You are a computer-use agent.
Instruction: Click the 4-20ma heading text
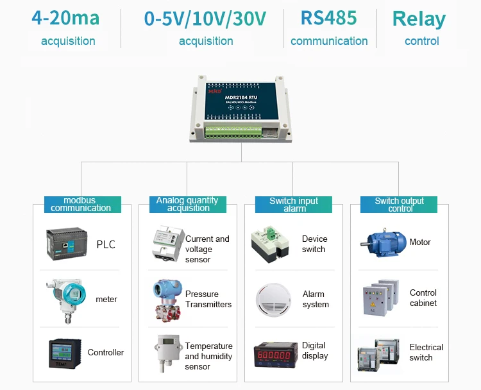coord(65,18)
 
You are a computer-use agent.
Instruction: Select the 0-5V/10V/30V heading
coord(205,19)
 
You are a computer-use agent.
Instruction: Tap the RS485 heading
coord(328,18)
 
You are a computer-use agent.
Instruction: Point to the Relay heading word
coord(419,19)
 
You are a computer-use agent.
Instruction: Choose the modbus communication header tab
coord(81,205)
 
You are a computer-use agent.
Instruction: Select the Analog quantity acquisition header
coord(187,205)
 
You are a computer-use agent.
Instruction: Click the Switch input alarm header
coord(294,205)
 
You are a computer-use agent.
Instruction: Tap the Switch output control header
coord(399,205)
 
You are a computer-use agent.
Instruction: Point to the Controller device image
coord(64,353)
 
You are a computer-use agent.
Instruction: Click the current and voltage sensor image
coord(167,243)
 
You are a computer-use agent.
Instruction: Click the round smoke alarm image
coord(273,299)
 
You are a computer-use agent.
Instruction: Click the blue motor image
coord(382,242)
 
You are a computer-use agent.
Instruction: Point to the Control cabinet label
coord(423,298)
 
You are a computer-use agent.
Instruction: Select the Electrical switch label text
coord(426,352)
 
